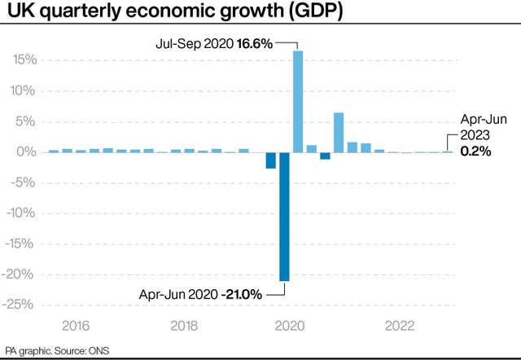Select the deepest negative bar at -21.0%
[x=284, y=216]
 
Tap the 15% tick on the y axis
[x=24, y=59]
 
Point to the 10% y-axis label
[x=24, y=90]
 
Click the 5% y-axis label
[x=27, y=121]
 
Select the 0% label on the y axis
[x=27, y=152]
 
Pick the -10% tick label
[x=22, y=213]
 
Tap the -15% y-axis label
[x=22, y=244]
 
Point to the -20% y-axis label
[x=22, y=274]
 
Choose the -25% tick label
[x=22, y=305]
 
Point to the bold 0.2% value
[x=475, y=151]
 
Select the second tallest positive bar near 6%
[x=339, y=132]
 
